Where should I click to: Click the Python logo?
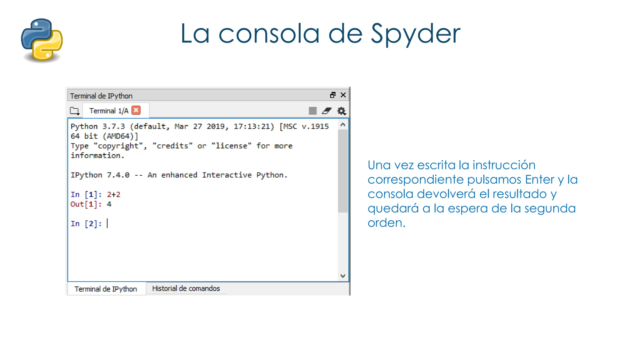[42, 40]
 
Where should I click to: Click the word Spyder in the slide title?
[415, 34]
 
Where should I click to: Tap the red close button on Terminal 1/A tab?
[136, 110]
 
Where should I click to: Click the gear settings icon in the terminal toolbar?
[341, 111]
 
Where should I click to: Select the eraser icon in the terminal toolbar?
[327, 111]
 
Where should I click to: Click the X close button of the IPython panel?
[343, 95]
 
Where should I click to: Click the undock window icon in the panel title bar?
[333, 95]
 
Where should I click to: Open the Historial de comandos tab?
[186, 288]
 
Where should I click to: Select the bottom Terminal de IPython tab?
[106, 289]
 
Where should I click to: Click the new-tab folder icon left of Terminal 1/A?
[74, 111]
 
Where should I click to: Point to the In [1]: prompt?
[86, 195]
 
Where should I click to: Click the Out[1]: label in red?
[86, 204]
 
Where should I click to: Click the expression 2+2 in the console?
[114, 195]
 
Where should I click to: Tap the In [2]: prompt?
[86, 224]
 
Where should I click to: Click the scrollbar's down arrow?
[343, 276]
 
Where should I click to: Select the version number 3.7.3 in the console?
[114, 127]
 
